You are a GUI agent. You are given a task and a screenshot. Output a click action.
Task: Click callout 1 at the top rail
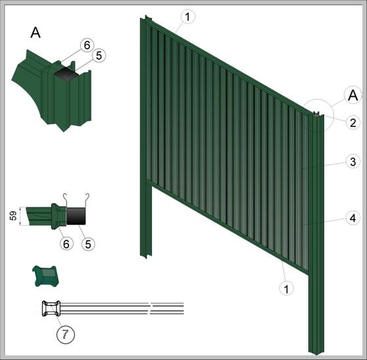187,16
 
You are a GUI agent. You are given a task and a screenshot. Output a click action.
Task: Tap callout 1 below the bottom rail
287,288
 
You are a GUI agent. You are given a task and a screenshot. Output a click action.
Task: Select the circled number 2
353,122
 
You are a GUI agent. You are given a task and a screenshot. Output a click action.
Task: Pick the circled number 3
353,162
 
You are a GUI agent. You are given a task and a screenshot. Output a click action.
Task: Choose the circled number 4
353,218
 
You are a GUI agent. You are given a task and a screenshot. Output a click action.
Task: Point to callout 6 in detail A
87,45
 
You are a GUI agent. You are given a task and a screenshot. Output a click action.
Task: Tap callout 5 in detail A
99,56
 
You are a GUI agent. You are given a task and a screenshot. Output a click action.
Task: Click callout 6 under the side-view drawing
66,244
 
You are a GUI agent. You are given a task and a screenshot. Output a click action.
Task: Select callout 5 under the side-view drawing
88,244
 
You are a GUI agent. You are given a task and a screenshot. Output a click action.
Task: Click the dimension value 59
13,216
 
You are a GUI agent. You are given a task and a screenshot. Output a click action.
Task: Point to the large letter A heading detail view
36,32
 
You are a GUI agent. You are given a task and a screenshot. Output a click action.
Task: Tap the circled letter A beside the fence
353,95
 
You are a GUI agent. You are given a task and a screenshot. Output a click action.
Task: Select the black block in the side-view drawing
76,216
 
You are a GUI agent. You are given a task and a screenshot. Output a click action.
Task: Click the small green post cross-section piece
45,276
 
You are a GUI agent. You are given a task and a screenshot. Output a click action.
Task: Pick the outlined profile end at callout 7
51,309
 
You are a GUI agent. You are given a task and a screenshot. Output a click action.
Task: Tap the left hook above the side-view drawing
66,200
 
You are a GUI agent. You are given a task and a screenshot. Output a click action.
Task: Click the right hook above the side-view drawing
87,200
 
